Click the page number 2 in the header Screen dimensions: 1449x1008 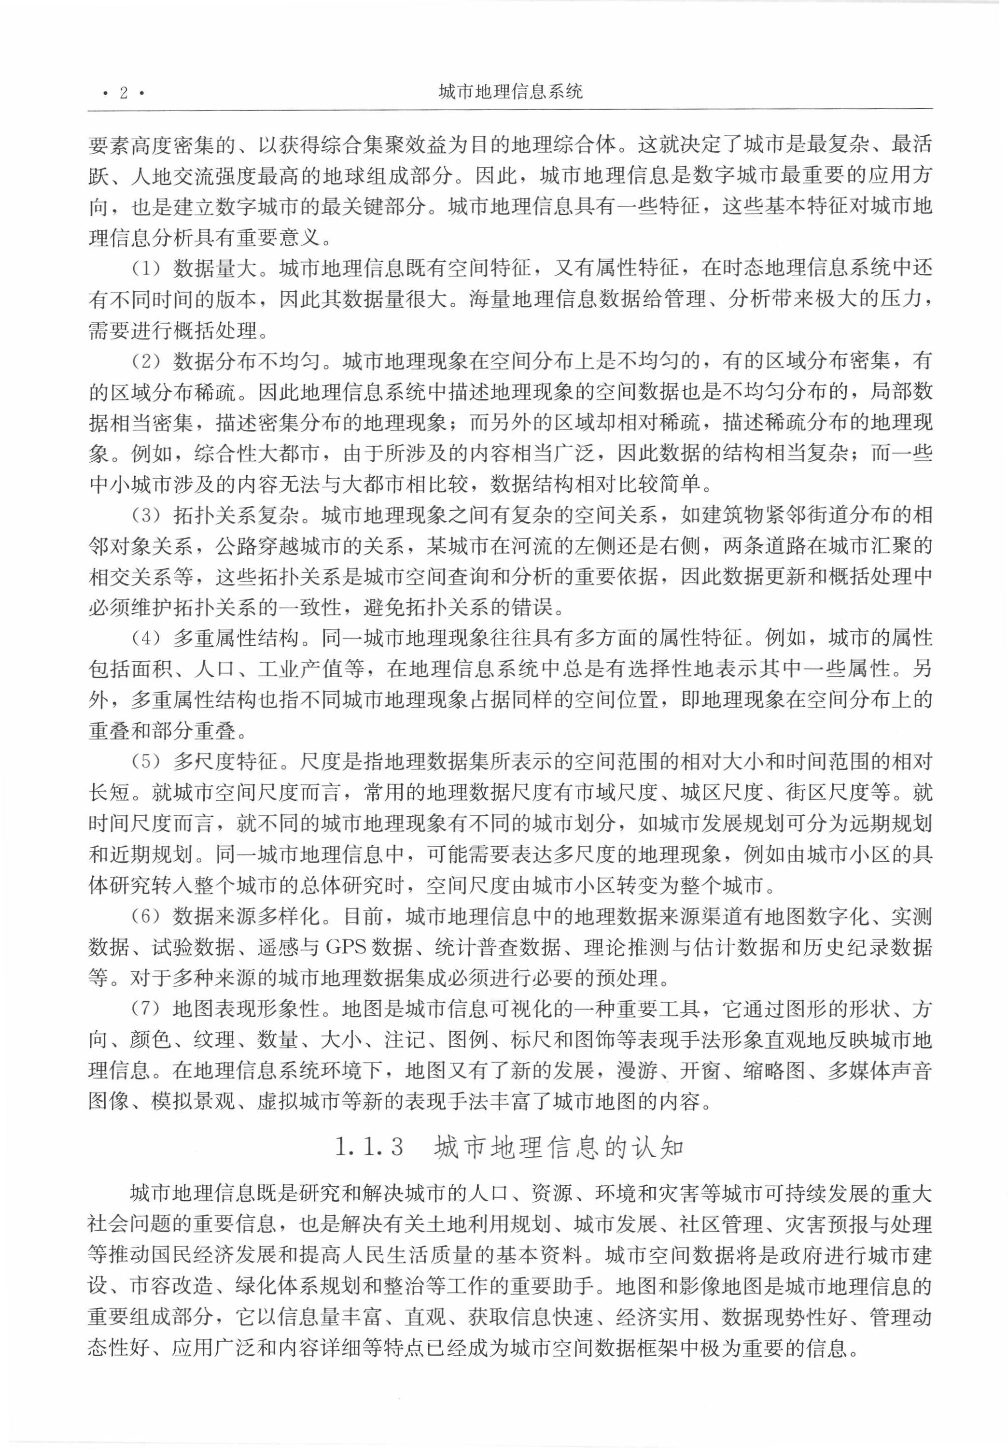point(124,93)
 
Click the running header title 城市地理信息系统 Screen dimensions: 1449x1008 point(510,92)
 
